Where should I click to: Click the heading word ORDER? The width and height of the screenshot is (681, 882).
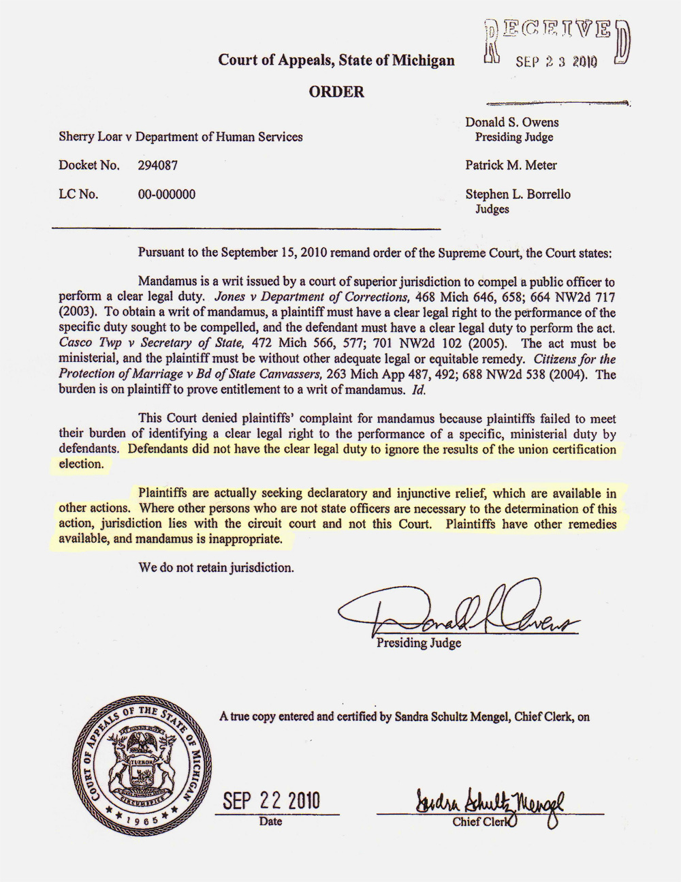336,92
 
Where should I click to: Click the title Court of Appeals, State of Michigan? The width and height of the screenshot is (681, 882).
336,60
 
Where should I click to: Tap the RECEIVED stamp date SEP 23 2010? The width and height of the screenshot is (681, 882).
556,62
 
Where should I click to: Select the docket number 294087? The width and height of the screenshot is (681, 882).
158,166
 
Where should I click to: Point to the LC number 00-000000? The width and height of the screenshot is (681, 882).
166,194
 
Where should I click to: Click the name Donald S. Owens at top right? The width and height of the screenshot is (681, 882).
511,123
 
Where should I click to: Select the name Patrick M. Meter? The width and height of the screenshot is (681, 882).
511,165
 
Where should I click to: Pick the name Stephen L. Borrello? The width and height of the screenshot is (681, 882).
518,194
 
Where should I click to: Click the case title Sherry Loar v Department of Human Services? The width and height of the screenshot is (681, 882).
180,137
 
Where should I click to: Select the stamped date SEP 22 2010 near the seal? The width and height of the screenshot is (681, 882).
271,800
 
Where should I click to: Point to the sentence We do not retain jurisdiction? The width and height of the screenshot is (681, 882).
216,567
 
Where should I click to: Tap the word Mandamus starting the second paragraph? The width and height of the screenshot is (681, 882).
164,282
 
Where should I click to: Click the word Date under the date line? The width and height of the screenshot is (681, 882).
270,821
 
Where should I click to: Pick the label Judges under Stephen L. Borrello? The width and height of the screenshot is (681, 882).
492,209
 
